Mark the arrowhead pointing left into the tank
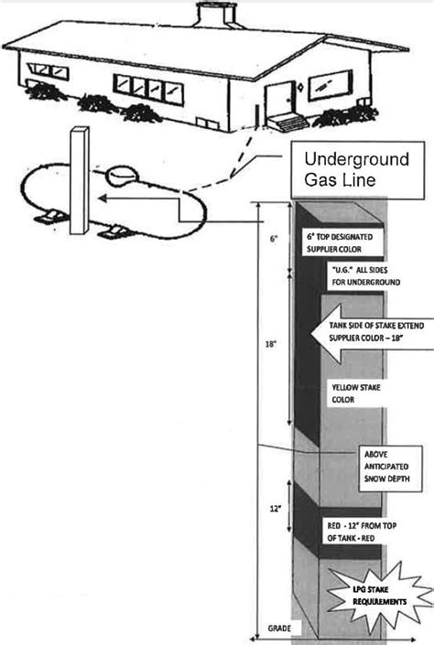point(104,196)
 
